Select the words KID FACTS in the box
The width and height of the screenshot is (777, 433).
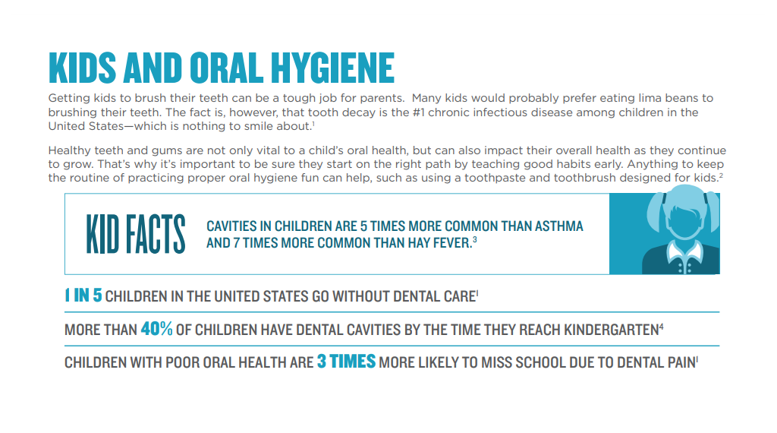pyautogui.click(x=136, y=235)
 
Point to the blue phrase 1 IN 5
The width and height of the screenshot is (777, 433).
pyautogui.click(x=83, y=296)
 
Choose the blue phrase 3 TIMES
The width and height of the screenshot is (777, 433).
pyautogui.click(x=346, y=362)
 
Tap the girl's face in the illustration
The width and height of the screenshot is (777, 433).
pyautogui.click(x=680, y=223)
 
